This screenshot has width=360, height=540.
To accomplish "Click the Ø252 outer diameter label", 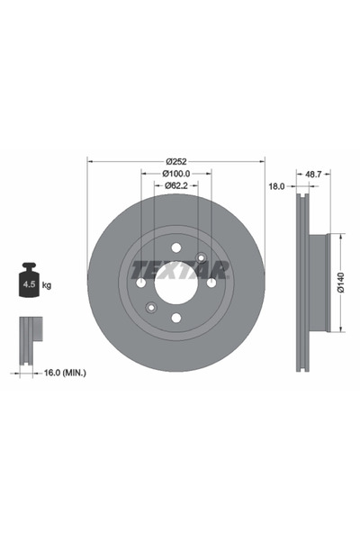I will click(175, 161).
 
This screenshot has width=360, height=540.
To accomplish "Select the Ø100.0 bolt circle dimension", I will click(175, 174).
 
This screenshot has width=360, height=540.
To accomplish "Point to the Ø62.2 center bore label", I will click(175, 186).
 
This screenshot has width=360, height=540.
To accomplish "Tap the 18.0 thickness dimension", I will click(277, 186).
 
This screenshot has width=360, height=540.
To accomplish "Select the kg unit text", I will click(47, 284).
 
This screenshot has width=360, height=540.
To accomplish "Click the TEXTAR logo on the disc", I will click(180, 269).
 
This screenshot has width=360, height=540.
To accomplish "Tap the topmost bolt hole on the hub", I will click(175, 247).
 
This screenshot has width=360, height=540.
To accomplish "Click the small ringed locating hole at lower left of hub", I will click(151, 308).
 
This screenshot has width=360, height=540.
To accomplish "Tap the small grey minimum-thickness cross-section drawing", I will click(31, 333).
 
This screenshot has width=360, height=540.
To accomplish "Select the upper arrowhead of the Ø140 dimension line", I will click(341, 237).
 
